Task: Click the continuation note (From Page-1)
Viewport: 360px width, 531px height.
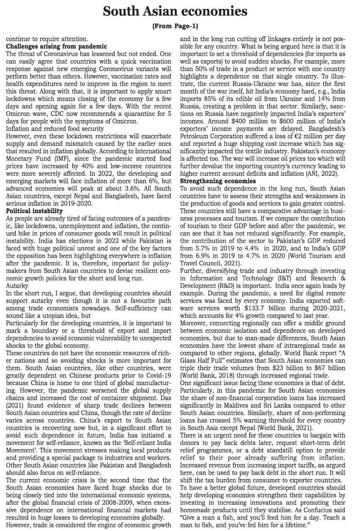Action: pos(180,27)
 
